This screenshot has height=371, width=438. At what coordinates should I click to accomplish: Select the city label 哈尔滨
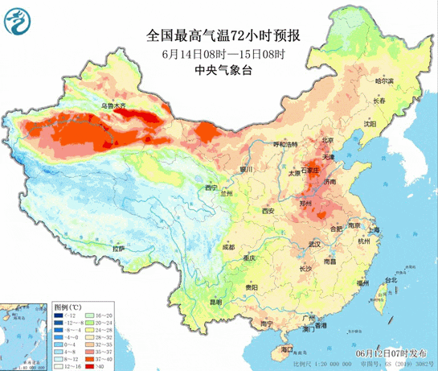click(x=385, y=80)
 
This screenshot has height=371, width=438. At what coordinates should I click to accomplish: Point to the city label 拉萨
click(x=119, y=249)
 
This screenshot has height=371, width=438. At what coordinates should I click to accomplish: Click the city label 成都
click(x=229, y=247)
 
